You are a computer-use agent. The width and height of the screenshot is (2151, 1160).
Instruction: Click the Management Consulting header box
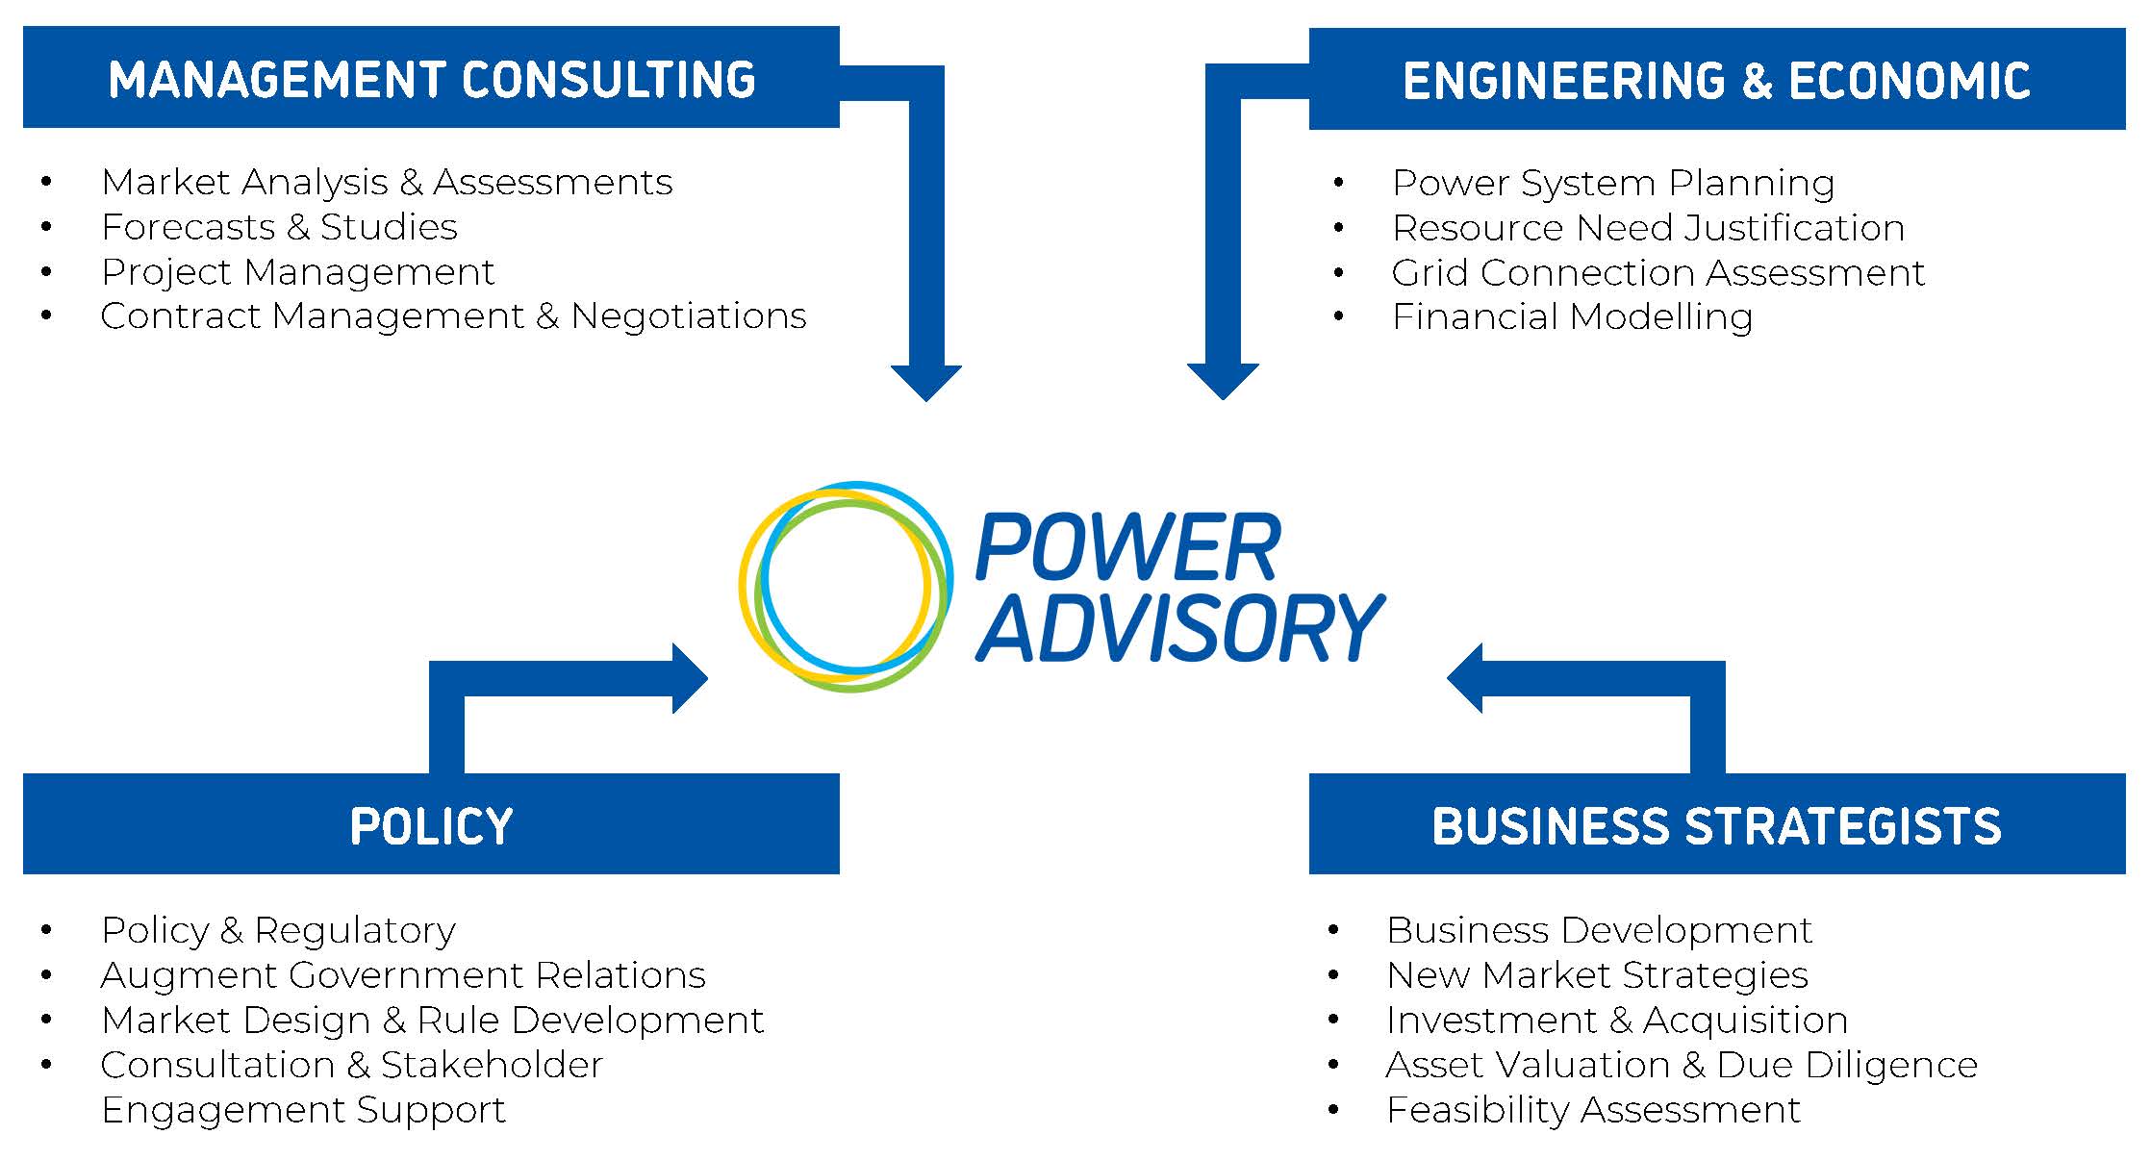click(431, 78)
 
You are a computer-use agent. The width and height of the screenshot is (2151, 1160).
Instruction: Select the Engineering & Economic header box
click(1716, 80)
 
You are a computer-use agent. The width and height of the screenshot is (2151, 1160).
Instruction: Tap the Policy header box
click(431, 824)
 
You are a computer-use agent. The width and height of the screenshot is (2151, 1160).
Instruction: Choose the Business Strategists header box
click(1716, 824)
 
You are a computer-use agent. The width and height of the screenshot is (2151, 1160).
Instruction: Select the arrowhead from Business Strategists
click(1465, 678)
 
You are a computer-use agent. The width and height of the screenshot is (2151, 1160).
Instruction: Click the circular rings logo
click(847, 586)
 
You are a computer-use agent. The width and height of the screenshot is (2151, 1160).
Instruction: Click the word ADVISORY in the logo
click(1180, 627)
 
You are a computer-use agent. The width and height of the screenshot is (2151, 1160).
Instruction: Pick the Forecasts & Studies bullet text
click(279, 227)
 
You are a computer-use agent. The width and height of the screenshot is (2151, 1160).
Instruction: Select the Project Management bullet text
click(297, 272)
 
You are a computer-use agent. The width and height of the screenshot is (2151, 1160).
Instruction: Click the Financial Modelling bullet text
click(1572, 316)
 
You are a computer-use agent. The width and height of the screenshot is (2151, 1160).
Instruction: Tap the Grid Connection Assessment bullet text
click(1658, 273)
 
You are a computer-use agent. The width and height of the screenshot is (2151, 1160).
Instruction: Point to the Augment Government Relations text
click(403, 975)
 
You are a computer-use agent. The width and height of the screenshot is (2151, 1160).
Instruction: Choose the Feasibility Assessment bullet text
click(1593, 1110)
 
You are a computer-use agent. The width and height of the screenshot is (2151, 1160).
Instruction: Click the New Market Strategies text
click(1597, 975)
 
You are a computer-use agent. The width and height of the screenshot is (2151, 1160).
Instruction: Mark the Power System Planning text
click(1613, 183)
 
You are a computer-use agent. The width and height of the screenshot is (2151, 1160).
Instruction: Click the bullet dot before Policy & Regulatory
click(47, 930)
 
